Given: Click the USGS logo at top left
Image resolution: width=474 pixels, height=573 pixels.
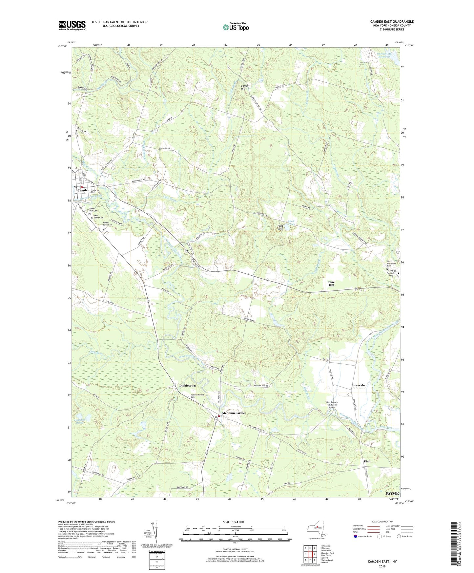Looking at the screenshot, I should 72,25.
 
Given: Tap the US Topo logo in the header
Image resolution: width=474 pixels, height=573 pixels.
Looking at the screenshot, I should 235,27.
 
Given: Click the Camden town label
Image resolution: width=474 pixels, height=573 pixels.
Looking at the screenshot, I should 83,190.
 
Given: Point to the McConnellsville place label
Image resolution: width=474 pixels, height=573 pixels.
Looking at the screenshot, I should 234,413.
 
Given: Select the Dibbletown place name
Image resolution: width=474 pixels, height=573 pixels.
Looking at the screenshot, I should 187,386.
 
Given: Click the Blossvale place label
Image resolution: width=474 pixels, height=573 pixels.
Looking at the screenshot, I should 358,385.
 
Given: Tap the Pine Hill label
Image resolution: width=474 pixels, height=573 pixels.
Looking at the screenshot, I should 331,284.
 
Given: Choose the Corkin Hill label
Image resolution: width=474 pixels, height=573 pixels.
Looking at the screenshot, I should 245,87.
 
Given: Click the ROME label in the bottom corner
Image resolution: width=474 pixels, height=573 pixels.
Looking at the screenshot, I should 392,493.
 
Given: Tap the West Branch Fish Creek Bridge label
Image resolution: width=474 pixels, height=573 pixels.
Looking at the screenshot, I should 332,405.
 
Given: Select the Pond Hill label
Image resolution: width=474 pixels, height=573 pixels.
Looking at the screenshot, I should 280,227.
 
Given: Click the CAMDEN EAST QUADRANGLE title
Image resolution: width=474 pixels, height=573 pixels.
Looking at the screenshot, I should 392,22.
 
